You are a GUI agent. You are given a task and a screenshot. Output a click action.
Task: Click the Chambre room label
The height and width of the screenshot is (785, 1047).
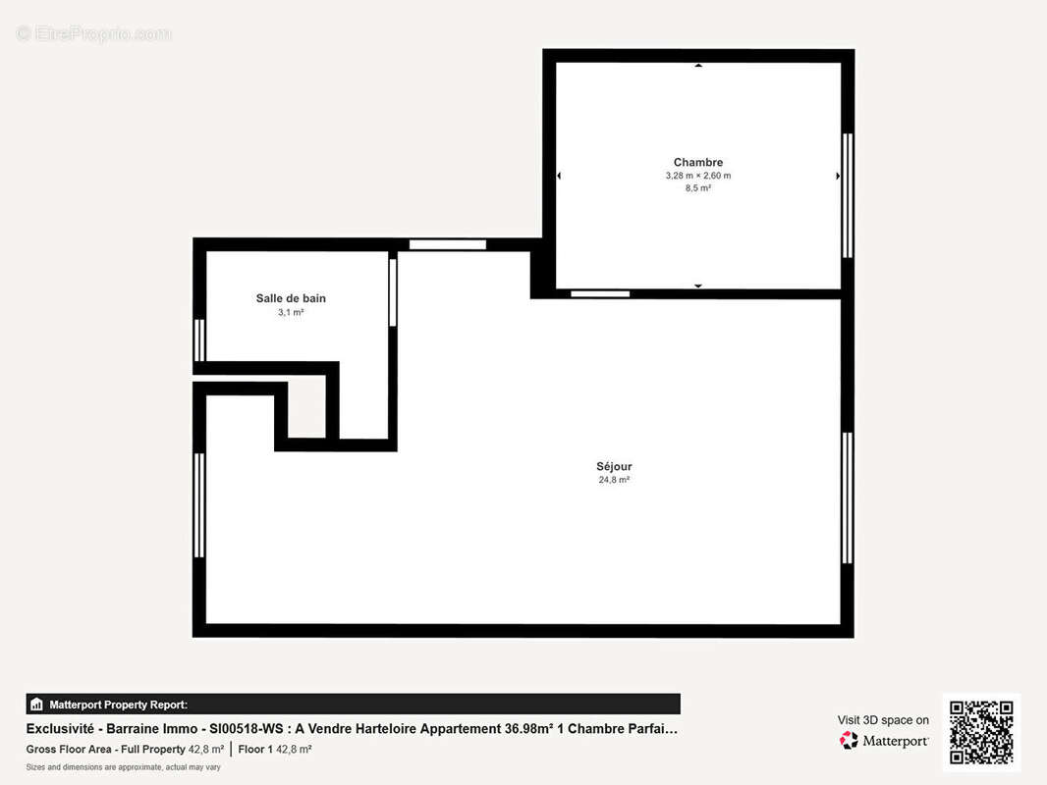click(x=697, y=162)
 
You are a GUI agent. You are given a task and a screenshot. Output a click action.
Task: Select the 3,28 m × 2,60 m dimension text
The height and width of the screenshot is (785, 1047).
click(x=697, y=176)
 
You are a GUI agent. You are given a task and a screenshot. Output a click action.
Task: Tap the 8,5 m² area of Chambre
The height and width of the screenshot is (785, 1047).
click(x=697, y=188)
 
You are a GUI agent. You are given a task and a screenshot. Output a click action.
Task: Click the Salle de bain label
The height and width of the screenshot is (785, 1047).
click(x=291, y=298)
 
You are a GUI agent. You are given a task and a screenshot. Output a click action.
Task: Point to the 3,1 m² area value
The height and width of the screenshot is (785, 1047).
click(x=291, y=312)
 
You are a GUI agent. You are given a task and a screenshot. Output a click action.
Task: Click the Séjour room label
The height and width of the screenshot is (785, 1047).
click(x=614, y=466)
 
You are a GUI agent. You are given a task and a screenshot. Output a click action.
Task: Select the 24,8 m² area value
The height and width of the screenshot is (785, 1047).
click(x=614, y=480)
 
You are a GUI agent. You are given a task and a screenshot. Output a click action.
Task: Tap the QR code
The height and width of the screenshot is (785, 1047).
click(x=981, y=732)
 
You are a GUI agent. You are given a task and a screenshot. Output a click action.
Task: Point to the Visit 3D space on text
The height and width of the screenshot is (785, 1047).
click(x=883, y=720)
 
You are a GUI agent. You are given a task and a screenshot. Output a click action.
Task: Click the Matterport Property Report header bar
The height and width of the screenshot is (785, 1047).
click(x=353, y=704)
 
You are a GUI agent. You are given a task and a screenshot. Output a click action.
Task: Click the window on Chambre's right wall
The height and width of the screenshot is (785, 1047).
click(x=848, y=196)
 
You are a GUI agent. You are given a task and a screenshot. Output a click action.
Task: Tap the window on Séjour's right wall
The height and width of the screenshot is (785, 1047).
click(x=847, y=497)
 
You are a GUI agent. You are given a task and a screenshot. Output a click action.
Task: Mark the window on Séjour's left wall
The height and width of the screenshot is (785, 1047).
click(x=200, y=505)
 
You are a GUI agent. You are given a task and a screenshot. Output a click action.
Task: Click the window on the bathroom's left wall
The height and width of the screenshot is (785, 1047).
click(x=200, y=340)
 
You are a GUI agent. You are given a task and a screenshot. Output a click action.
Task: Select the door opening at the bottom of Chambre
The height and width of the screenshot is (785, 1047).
click(x=600, y=293)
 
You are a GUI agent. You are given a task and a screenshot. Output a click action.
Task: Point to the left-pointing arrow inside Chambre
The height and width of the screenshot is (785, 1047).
click(x=559, y=176)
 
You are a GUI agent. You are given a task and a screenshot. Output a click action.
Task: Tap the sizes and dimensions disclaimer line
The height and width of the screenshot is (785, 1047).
click(x=123, y=766)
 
